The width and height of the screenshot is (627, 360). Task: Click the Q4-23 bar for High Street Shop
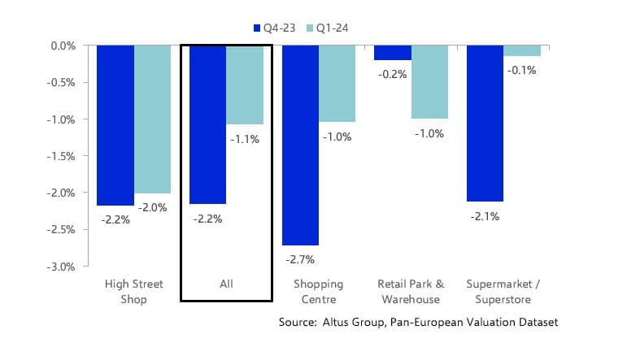pos(115,125)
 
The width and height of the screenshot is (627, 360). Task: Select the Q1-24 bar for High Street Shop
pos(153,119)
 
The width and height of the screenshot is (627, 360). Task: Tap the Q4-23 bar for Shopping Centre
pos(300,145)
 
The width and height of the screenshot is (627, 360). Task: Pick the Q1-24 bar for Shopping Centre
pos(337,84)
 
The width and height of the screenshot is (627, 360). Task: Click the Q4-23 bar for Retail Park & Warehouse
pos(393,53)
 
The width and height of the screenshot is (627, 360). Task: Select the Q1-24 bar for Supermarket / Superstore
pos(522,50)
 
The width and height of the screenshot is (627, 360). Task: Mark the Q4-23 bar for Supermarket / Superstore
pos(485,123)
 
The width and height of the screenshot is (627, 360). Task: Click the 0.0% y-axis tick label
pos(63,46)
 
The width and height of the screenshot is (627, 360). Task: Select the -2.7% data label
pos(300,259)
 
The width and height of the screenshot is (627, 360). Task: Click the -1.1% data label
pos(245,139)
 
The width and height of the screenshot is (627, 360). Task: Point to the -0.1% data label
pos(523,70)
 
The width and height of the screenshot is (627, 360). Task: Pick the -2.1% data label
pos(485,216)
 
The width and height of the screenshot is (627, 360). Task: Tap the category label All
pos(226,284)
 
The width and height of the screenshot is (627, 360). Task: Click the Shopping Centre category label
pos(319,291)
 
